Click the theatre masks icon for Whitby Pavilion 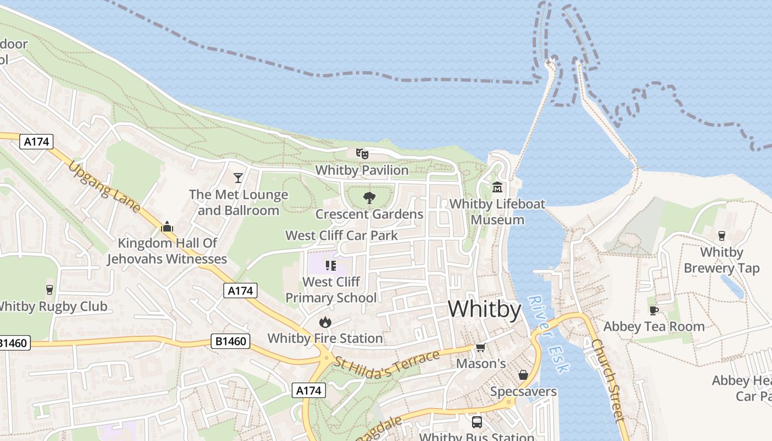tap(362, 154)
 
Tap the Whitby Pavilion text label tap(362, 170)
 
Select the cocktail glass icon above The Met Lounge tap(238, 178)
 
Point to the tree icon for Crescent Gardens tap(369, 198)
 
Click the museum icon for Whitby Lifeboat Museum tap(497, 187)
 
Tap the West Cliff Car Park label tap(341, 235)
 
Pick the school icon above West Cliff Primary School tap(331, 266)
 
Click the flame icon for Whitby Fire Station tap(325, 322)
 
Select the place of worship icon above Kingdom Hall tap(167, 227)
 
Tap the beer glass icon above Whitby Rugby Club tap(50, 290)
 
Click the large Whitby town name tap(484, 309)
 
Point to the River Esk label tap(547, 334)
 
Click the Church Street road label tap(609, 380)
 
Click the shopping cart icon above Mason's tap(480, 348)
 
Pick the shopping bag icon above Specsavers tap(523, 375)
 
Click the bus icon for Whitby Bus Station tap(476, 422)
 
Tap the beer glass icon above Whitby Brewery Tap tap(721, 236)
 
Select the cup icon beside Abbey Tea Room tap(654, 310)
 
